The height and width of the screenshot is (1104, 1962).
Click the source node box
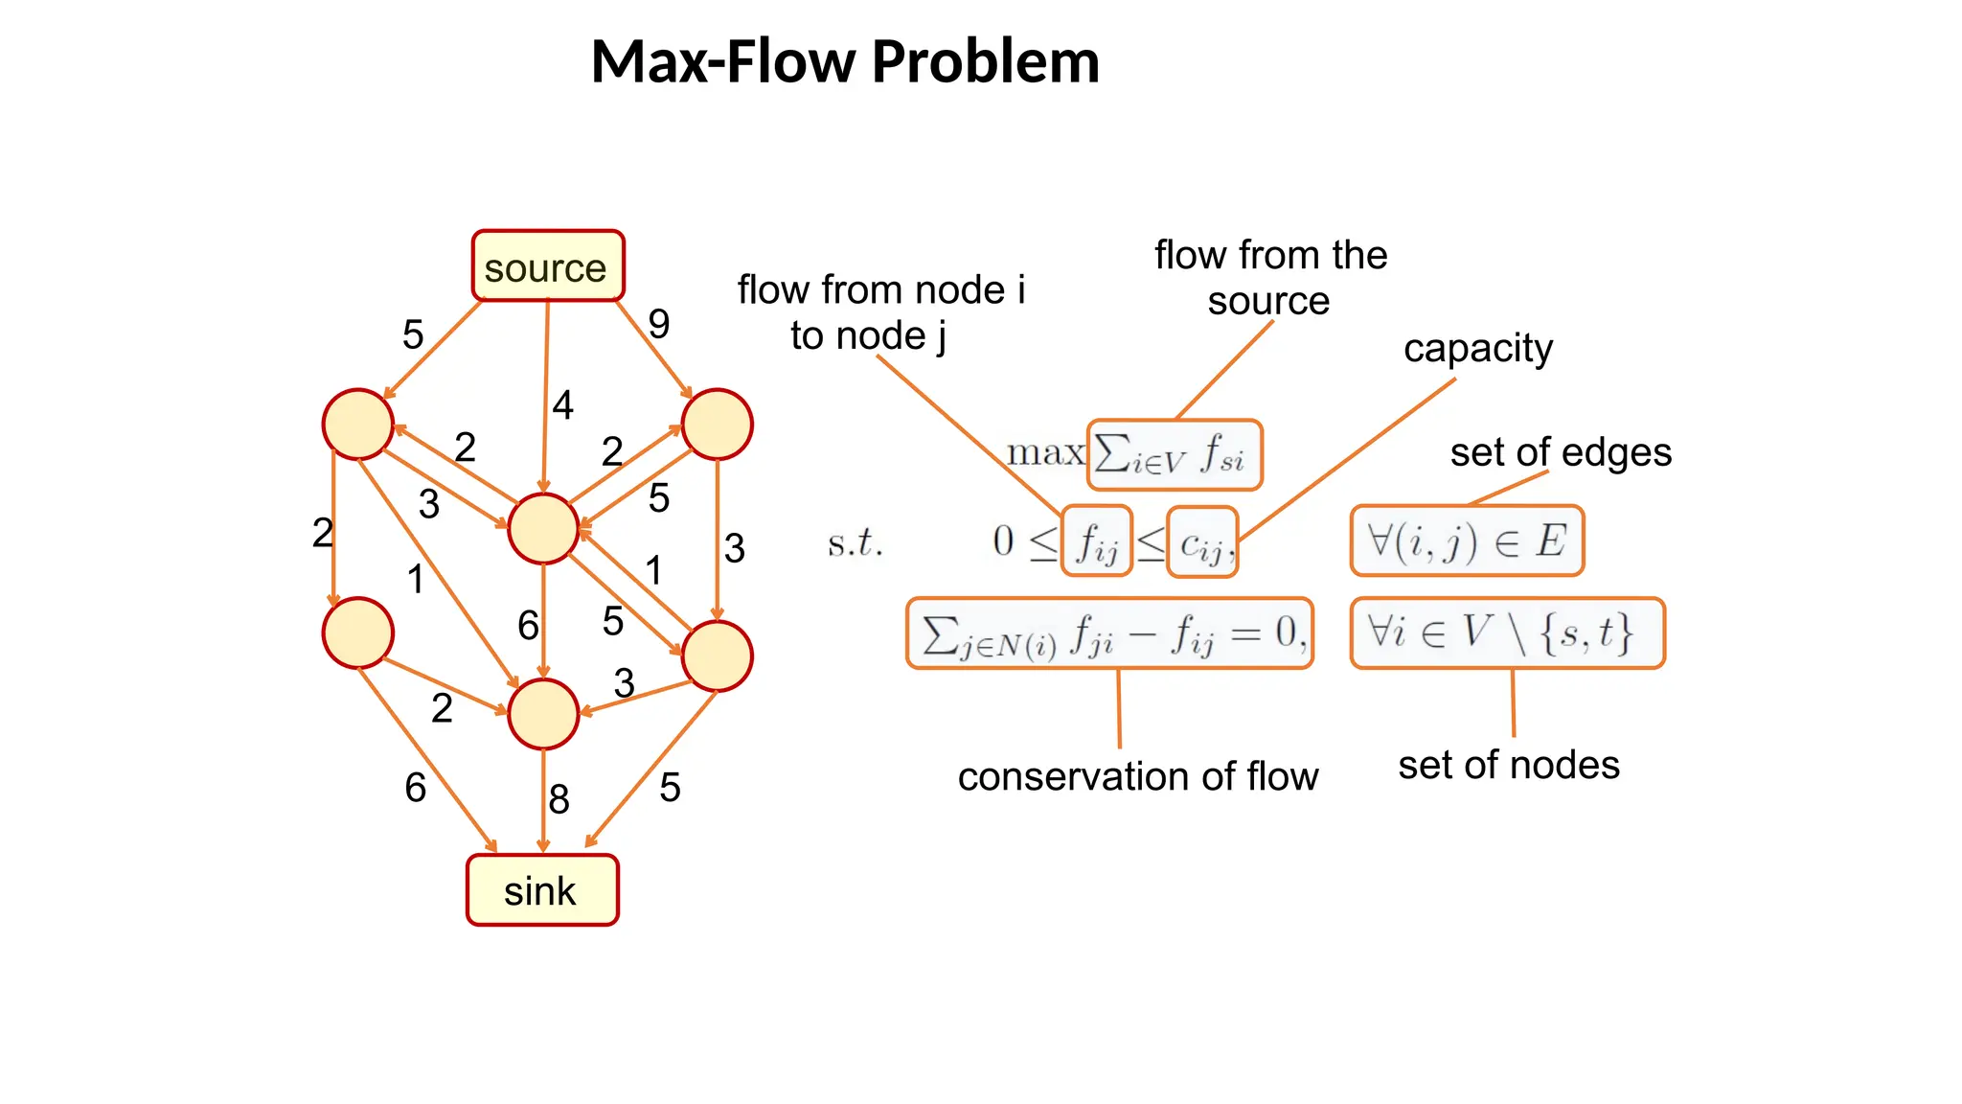pos(547,266)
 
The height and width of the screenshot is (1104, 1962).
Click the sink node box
pos(542,890)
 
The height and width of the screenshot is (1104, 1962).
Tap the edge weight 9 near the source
pos(658,324)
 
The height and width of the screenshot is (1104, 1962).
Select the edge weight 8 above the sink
pos(559,798)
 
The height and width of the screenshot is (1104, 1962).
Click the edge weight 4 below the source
pos(562,404)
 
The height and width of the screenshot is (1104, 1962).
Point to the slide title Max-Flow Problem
pos(844,61)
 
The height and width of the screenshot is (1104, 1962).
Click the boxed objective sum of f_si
pos(1174,454)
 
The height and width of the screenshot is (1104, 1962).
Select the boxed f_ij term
pos(1097,541)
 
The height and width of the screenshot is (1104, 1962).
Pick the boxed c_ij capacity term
pos(1201,542)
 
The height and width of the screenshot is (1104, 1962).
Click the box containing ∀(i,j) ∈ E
pos(1466,541)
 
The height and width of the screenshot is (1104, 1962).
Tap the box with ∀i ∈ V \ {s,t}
pos(1506,632)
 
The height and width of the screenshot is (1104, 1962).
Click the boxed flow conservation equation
pos(1108,633)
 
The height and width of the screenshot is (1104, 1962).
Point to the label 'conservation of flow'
pos(1137,776)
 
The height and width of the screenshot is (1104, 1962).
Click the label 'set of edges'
pos(1560,451)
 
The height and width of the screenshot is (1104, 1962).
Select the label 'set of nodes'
pos(1508,765)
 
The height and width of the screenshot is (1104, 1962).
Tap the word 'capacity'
pos(1477,348)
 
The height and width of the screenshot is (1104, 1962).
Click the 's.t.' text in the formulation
pos(855,543)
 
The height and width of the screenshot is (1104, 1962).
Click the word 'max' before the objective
pos(1044,452)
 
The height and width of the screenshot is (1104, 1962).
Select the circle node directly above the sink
pos(543,714)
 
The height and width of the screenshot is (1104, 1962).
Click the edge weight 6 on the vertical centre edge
pos(528,625)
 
